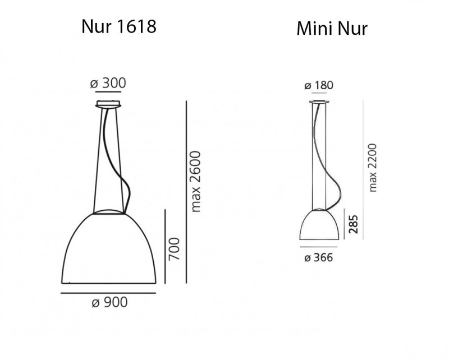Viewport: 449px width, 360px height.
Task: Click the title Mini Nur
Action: pyautogui.click(x=332, y=29)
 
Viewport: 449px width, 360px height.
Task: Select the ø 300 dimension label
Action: pyautogui.click(x=108, y=83)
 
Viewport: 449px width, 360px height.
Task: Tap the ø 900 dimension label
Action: pyautogui.click(x=109, y=303)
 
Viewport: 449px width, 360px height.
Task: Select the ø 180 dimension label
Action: pyautogui.click(x=319, y=85)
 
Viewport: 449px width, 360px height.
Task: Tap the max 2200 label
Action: pyautogui.click(x=373, y=167)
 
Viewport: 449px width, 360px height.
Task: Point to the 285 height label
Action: pyautogui.click(x=352, y=223)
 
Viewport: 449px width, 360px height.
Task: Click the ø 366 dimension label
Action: pyautogui.click(x=318, y=258)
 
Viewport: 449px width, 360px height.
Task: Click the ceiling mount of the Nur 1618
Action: pyautogui.click(x=109, y=104)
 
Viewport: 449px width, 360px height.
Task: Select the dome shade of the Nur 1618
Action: pyautogui.click(x=108, y=247)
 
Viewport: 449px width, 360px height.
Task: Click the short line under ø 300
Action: pyautogui.click(x=109, y=91)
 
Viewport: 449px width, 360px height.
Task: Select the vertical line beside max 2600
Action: pyautogui.click(x=186, y=191)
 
